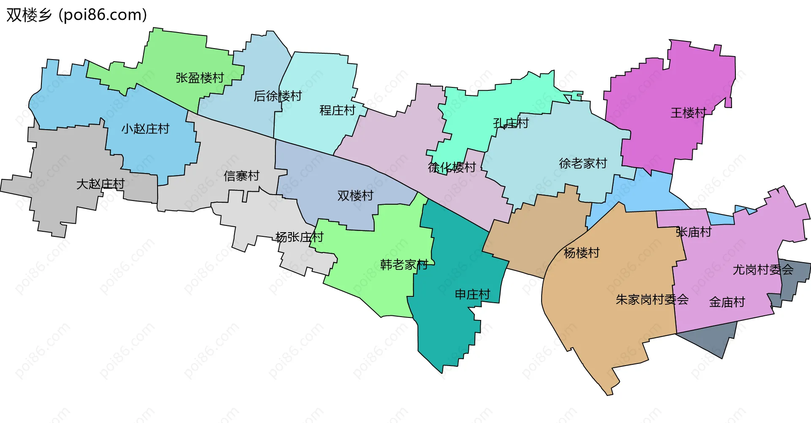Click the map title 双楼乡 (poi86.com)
click(76, 15)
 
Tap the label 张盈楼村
click(200, 78)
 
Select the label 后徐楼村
click(278, 96)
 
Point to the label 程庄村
click(337, 111)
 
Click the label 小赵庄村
click(145, 129)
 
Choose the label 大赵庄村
click(101, 184)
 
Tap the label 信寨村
click(241, 176)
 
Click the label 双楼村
click(355, 196)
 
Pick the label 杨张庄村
click(299, 237)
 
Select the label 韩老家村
click(404, 265)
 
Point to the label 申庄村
click(472, 295)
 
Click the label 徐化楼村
click(452, 168)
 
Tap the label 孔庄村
click(511, 123)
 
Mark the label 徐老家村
click(583, 163)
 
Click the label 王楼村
click(689, 113)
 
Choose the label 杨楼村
click(582, 253)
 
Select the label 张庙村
click(694, 232)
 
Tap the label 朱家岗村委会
click(652, 300)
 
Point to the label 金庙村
click(727, 302)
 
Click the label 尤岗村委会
click(763, 270)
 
